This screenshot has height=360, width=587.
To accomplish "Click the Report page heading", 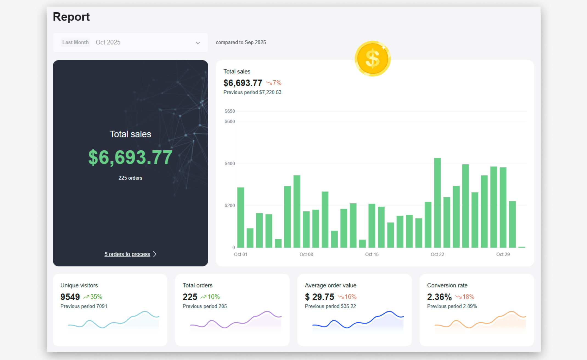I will pyautogui.click(x=71, y=17).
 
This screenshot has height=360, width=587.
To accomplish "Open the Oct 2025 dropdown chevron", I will pyautogui.click(x=198, y=43).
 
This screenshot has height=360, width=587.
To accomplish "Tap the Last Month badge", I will pyautogui.click(x=75, y=42).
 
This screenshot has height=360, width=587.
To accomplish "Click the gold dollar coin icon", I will pyautogui.click(x=372, y=58).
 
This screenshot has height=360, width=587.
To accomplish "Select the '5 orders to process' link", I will pyautogui.click(x=127, y=254).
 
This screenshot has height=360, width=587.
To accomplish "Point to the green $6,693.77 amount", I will pyautogui.click(x=130, y=157).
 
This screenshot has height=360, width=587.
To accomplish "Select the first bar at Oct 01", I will pyautogui.click(x=240, y=217).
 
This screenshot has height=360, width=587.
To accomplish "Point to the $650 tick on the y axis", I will pyautogui.click(x=229, y=111).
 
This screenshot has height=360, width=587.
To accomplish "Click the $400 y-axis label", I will pyautogui.click(x=229, y=164).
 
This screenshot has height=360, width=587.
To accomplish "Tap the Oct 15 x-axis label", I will pyautogui.click(x=372, y=254).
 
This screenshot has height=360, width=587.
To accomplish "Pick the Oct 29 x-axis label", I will pyautogui.click(x=503, y=254).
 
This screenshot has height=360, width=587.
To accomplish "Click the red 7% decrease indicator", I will pyautogui.click(x=274, y=83).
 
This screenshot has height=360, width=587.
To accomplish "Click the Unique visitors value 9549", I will pyautogui.click(x=70, y=297).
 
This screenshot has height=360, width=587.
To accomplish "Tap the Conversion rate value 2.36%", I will pyautogui.click(x=439, y=297).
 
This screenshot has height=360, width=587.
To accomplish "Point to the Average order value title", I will pyautogui.click(x=330, y=285).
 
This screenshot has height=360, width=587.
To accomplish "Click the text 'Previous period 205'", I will pyautogui.click(x=205, y=306).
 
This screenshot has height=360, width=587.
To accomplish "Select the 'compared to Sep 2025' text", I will pyautogui.click(x=241, y=42).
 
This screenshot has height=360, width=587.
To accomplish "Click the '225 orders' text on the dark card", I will pyautogui.click(x=130, y=178).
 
